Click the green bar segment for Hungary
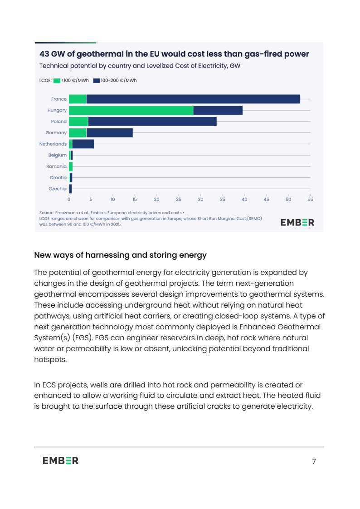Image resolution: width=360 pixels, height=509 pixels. click(131, 110)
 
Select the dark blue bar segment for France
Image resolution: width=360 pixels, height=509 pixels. click(193, 99)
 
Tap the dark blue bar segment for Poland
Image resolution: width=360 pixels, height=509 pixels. click(152, 122)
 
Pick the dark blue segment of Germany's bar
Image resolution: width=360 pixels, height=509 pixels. click(109, 132)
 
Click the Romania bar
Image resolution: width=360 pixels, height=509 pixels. click(71, 166)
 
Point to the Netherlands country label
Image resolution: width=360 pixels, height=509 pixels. click(53, 144)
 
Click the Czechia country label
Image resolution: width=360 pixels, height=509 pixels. click(58, 189)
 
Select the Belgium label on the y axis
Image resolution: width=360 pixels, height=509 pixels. click(58, 155)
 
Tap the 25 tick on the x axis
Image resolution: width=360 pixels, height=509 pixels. click(179, 199)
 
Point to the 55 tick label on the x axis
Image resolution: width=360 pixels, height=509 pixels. click(310, 199)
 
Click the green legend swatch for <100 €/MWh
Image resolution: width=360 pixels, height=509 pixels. click(57, 81)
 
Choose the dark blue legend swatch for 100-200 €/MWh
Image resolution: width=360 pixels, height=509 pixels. click(97, 81)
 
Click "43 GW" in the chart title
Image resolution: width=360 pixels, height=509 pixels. click(53, 54)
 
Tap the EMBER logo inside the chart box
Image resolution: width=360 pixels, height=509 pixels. click(297, 222)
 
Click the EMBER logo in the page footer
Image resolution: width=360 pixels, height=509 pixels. click(61, 460)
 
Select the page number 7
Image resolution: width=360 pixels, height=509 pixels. click(314, 462)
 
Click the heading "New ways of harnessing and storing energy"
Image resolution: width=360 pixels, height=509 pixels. click(120, 255)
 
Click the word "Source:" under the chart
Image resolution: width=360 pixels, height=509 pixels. click(47, 212)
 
